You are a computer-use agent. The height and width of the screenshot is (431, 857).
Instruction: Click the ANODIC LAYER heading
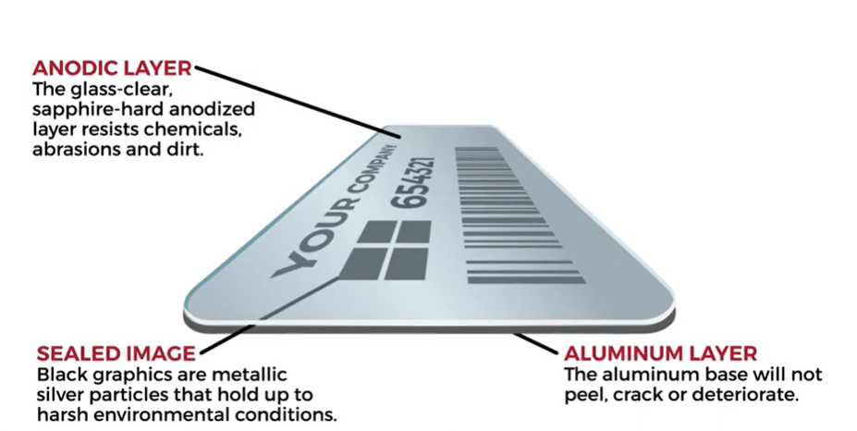112,68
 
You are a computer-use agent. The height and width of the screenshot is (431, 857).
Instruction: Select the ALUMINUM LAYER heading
660,353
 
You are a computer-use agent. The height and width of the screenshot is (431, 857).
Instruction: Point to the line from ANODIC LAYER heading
296,101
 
